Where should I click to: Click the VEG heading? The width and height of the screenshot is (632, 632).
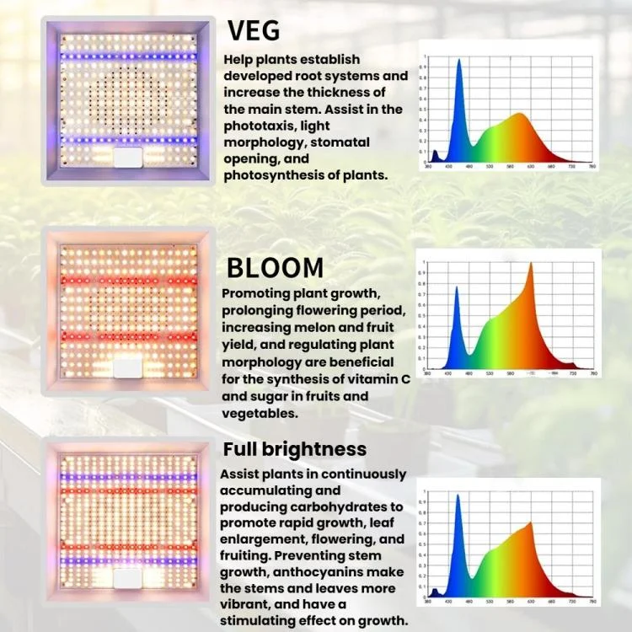[x=254, y=30]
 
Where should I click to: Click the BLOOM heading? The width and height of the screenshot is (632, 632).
[x=275, y=268]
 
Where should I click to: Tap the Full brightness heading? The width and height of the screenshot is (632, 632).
[x=294, y=448]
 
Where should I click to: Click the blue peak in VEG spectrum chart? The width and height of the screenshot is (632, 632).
[x=459, y=62]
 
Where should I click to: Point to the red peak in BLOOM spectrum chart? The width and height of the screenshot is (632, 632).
[x=531, y=265]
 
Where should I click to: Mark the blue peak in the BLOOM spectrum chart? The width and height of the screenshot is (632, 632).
[x=457, y=289]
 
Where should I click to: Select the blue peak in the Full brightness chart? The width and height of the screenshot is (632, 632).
[x=458, y=497]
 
